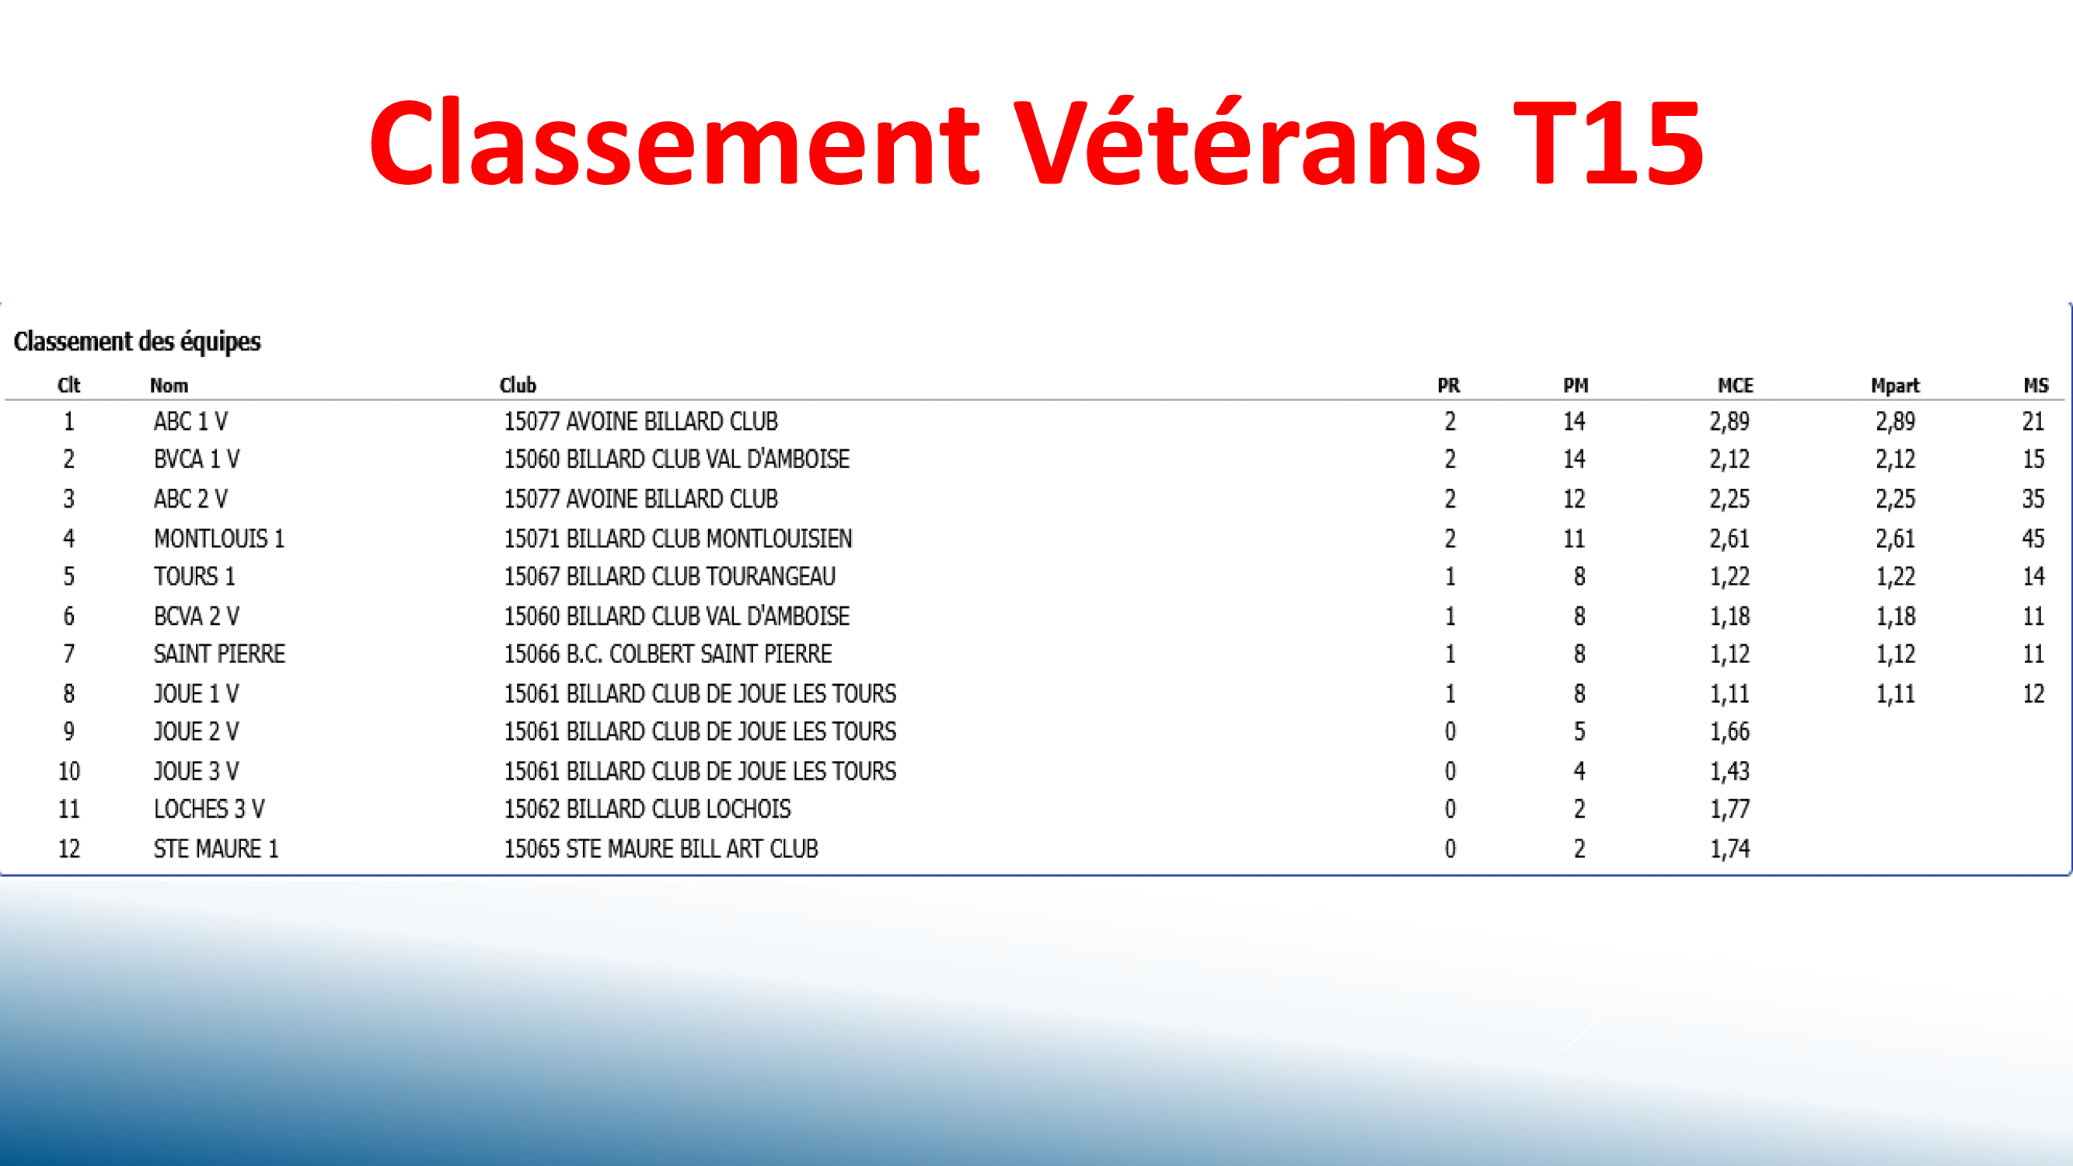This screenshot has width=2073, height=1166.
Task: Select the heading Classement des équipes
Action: tap(138, 342)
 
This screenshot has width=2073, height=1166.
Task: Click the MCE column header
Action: tap(1735, 386)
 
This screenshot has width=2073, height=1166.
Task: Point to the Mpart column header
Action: tap(1895, 386)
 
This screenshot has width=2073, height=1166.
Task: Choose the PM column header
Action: tap(1576, 386)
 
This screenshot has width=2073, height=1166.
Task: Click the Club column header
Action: tap(518, 386)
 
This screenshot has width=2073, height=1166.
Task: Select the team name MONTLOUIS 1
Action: tap(219, 539)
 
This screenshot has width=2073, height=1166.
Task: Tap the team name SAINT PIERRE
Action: tap(220, 654)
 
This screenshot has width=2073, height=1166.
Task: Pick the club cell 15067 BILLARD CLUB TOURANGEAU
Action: tap(669, 576)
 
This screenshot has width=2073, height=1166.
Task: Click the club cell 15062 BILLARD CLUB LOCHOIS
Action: tap(647, 808)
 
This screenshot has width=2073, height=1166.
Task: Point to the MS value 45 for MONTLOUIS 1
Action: tap(2033, 539)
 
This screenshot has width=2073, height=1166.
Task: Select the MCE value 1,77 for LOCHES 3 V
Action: tap(1729, 808)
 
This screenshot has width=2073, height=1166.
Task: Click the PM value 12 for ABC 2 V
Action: tap(1574, 499)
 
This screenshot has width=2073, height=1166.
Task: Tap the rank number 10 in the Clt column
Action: tap(69, 771)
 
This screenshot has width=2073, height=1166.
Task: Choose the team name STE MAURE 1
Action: tap(215, 849)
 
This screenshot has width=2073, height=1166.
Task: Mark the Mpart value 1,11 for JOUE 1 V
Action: tap(1895, 693)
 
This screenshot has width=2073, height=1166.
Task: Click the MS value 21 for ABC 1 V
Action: tap(2033, 421)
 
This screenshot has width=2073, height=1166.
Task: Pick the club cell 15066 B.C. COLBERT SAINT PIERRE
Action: tap(668, 654)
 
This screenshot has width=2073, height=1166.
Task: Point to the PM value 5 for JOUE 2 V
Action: tap(1579, 731)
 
